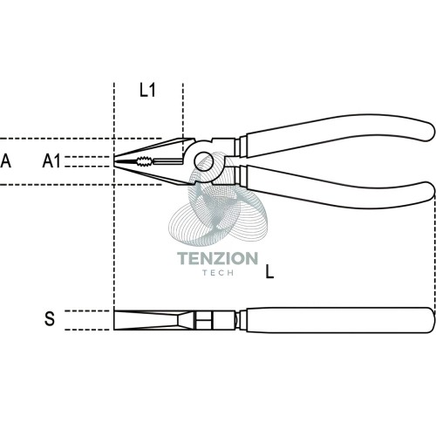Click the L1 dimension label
[147, 90]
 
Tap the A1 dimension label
[51, 161]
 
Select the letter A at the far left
[6, 161]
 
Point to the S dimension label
[50, 319]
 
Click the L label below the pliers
[269, 273]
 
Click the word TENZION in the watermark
[217, 258]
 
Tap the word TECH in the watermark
[218, 273]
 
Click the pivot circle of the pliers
[204, 160]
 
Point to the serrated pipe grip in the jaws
[144, 161]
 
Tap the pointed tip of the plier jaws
[114, 161]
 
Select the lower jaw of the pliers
[154, 174]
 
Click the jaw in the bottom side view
[153, 320]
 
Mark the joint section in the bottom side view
[215, 320]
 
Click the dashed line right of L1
[183, 119]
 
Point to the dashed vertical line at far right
[434, 253]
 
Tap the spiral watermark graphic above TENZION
[218, 201]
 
